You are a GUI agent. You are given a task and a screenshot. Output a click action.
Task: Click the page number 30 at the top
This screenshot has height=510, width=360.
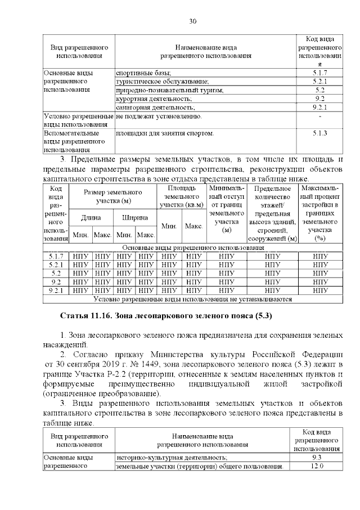(x=192, y=21)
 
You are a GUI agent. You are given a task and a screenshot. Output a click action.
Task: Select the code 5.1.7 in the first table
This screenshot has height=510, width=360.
(x=319, y=73)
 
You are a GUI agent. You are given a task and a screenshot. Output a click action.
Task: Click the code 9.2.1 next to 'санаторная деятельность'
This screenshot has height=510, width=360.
(x=319, y=107)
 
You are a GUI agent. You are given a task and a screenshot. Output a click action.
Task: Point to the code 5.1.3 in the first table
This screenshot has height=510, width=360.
(x=319, y=133)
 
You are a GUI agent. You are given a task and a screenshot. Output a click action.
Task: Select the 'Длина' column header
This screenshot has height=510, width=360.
(x=91, y=217)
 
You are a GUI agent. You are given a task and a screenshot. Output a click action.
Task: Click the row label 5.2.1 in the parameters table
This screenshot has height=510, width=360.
(x=56, y=265)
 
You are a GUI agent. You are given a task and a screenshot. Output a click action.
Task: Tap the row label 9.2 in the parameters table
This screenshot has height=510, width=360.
(x=56, y=281)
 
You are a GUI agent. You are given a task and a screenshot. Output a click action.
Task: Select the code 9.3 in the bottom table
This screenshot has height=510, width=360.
(x=319, y=458)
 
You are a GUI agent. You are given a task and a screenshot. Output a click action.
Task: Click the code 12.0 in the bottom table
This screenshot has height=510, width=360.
(x=319, y=467)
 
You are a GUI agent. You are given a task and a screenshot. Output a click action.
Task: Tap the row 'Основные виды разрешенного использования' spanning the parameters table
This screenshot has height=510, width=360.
(x=193, y=248)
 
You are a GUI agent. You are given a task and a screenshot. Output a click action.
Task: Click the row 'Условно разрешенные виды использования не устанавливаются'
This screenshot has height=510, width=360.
(x=193, y=299)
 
